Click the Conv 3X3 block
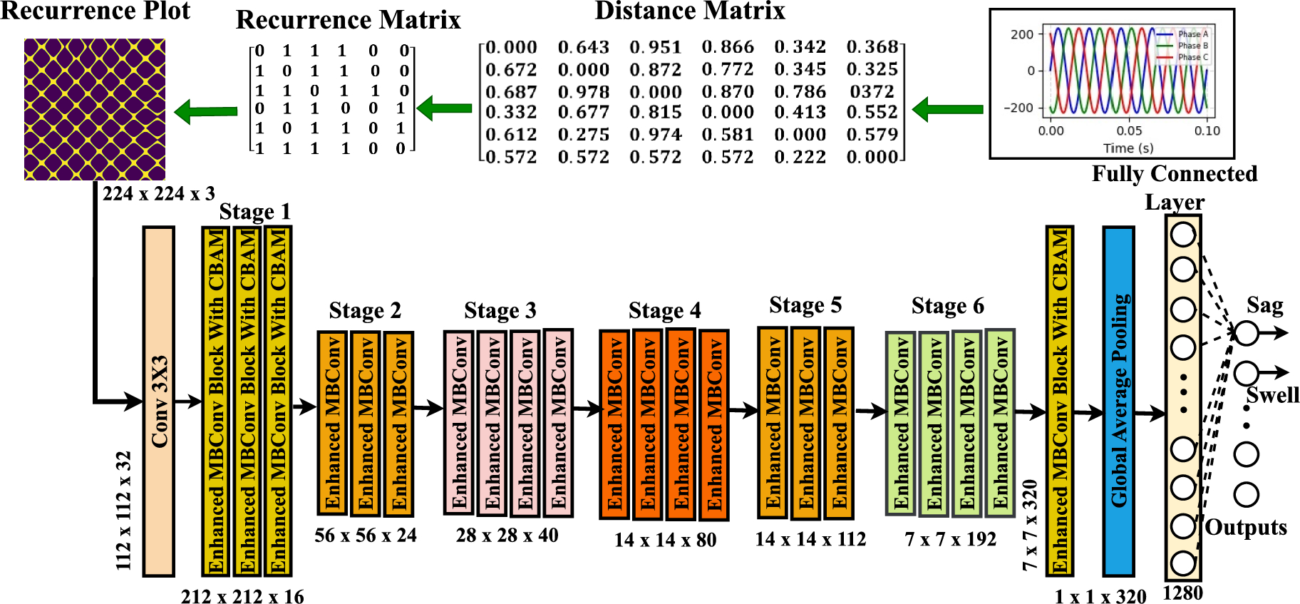(159, 401)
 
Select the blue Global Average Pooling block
(1118, 401)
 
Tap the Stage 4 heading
(664, 310)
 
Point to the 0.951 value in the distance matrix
(655, 47)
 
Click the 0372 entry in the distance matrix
(872, 91)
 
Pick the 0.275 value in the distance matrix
(583, 134)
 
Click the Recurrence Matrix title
(348, 20)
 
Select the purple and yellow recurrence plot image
(95, 109)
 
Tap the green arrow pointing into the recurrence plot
(206, 111)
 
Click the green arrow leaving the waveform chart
(947, 109)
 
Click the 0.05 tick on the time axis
(1129, 130)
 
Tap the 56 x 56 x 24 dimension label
(366, 536)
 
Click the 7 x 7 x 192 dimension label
(950, 539)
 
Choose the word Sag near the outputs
(1264, 305)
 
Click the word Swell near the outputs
(1272, 395)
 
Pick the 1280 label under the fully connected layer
(1182, 593)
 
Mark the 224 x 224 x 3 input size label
(158, 193)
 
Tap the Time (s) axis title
(1128, 148)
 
